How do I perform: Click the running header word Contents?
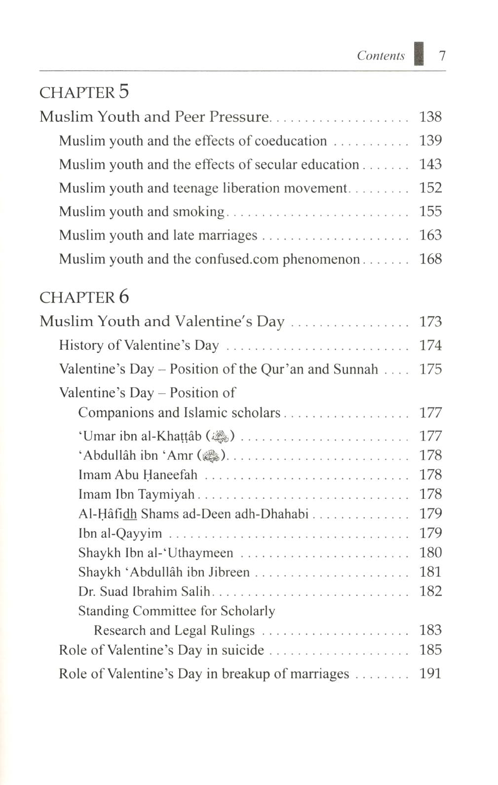pyautogui.click(x=381, y=56)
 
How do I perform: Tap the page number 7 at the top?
pyautogui.click(x=442, y=55)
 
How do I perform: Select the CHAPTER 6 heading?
pyautogui.click(x=84, y=297)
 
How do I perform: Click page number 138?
pyautogui.click(x=430, y=117)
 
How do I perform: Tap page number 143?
pyautogui.click(x=430, y=164)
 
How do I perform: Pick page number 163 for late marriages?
pyautogui.click(x=430, y=235)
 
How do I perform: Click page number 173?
pyautogui.click(x=430, y=322)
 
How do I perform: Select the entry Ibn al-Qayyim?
pyautogui.click(x=120, y=533)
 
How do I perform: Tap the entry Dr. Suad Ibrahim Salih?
pyautogui.click(x=144, y=592)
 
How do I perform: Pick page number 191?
pyautogui.click(x=430, y=674)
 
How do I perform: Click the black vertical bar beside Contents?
pyautogui.click(x=420, y=53)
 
